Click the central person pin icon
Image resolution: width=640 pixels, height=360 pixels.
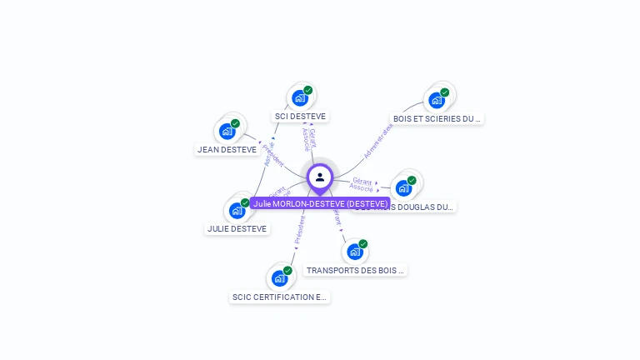click(x=320, y=177)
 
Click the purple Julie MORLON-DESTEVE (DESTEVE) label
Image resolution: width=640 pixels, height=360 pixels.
click(x=320, y=203)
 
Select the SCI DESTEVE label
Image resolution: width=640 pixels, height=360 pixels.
click(x=300, y=117)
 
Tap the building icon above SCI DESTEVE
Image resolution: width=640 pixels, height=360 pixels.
click(x=300, y=98)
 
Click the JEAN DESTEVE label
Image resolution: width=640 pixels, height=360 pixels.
click(x=227, y=150)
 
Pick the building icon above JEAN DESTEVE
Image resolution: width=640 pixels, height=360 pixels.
click(x=227, y=131)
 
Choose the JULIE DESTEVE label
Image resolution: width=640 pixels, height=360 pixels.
click(x=237, y=228)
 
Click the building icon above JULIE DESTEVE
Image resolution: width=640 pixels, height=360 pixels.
click(x=237, y=210)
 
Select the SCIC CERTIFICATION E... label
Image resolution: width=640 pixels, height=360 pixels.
click(x=280, y=297)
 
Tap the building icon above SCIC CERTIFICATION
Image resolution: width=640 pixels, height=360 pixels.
click(x=279, y=277)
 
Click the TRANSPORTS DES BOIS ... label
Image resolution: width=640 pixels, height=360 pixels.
click(x=356, y=270)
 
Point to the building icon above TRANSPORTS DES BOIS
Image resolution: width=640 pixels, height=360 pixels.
click(x=355, y=251)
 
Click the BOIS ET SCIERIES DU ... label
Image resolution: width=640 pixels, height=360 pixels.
click(x=437, y=119)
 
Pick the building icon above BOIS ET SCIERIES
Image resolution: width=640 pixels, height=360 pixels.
click(x=437, y=100)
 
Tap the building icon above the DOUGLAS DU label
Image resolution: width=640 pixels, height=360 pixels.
click(x=404, y=187)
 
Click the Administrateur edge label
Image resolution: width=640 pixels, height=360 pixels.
click(x=377, y=141)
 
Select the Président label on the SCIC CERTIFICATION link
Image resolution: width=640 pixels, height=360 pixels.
click(x=300, y=231)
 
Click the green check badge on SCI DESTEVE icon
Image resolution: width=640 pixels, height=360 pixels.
click(x=308, y=90)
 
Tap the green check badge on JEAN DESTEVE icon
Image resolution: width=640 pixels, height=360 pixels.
click(x=235, y=123)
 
